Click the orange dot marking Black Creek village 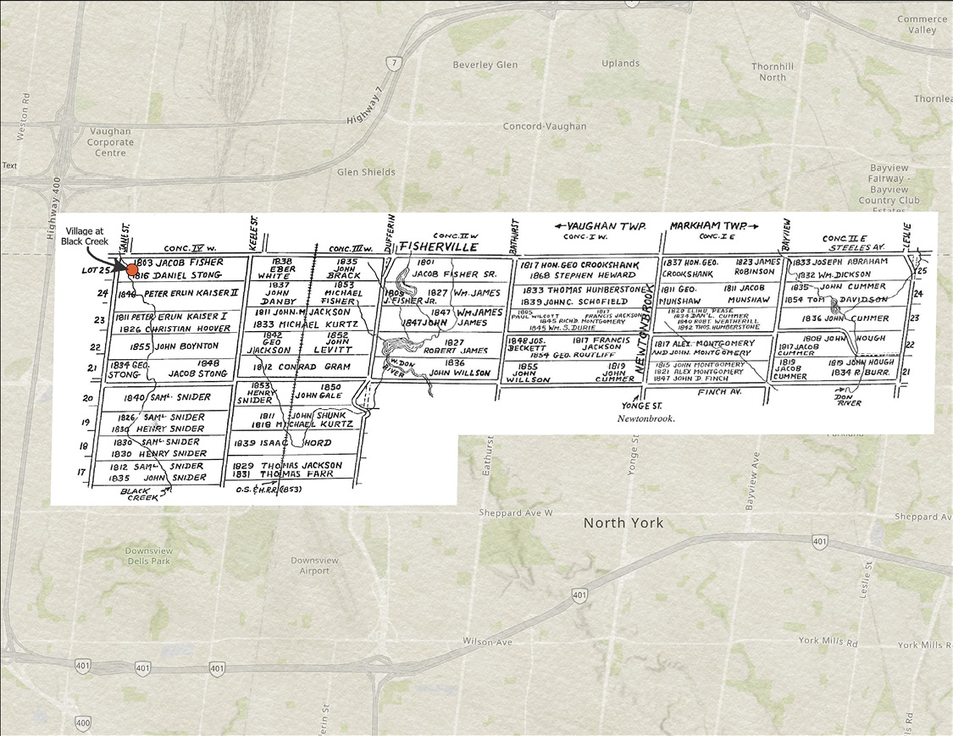[x=131, y=269]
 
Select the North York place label [x=623, y=523]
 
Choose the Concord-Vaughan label [x=544, y=126]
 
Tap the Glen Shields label [x=366, y=172]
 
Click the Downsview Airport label [x=314, y=566]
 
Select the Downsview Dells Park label [x=148, y=556]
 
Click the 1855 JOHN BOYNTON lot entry [x=175, y=346]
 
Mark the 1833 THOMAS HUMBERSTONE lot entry [x=585, y=289]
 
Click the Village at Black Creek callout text [x=85, y=235]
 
